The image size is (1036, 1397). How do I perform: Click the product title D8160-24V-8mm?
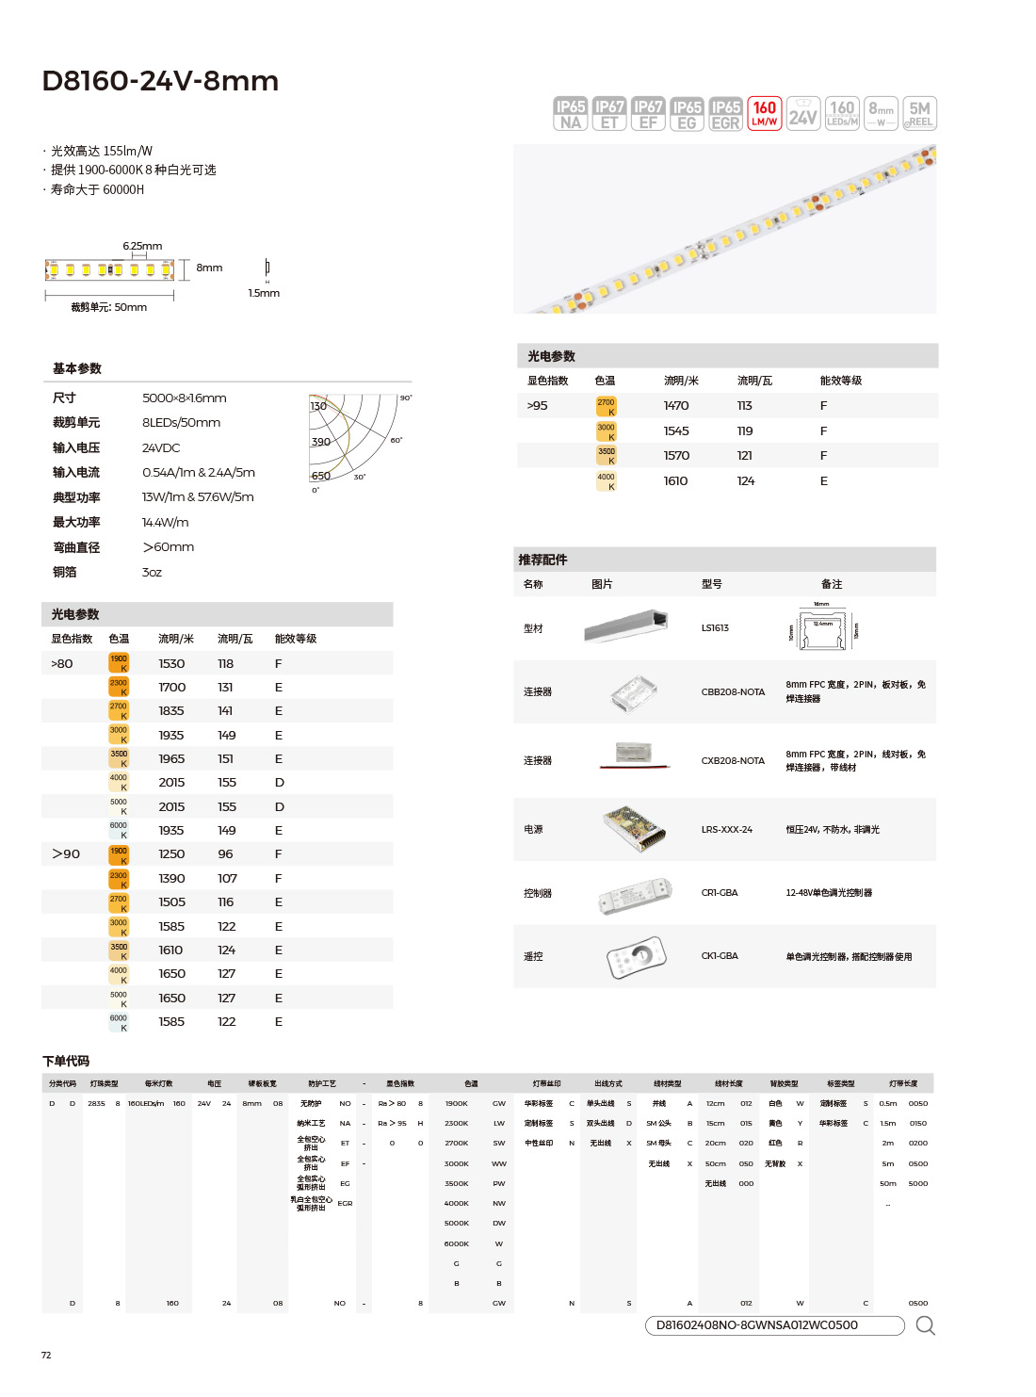click(160, 81)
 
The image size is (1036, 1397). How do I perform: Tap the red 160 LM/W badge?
click(765, 113)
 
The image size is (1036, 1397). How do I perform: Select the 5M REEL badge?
click(919, 113)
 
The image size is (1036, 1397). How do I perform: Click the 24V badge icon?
click(802, 113)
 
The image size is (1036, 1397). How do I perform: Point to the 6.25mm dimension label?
click(142, 246)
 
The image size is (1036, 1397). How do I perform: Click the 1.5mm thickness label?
click(264, 293)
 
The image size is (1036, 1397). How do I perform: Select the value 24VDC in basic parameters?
click(161, 447)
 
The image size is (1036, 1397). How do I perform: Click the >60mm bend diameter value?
click(169, 547)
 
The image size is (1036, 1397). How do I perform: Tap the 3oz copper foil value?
click(152, 572)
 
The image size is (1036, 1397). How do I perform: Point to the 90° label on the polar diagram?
click(406, 398)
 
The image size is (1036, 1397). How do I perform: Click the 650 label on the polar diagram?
click(320, 476)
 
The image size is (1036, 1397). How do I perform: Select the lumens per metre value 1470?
click(676, 406)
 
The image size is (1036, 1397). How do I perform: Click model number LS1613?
click(715, 627)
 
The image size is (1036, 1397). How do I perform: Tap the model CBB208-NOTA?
click(733, 691)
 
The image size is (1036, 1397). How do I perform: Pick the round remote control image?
click(637, 956)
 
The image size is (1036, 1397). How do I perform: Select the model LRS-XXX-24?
click(726, 830)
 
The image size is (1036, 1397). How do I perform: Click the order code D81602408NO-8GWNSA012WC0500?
click(757, 1324)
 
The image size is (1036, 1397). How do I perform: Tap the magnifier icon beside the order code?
click(925, 1325)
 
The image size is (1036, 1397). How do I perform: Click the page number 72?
click(46, 1355)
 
